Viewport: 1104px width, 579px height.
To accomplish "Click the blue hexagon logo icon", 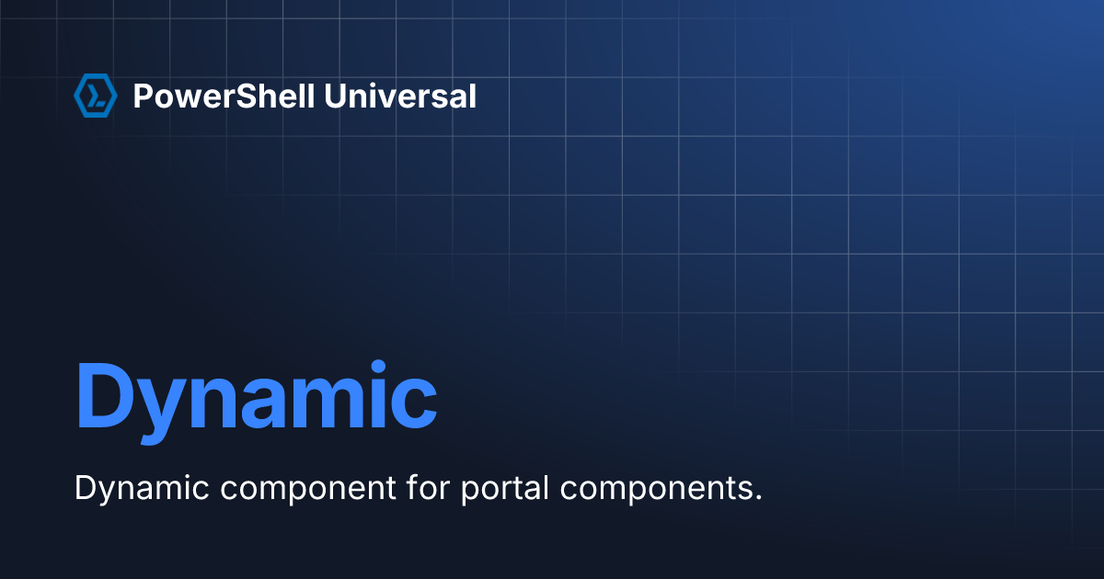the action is [x=96, y=96].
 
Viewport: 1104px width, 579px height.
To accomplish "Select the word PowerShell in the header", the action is [x=224, y=96].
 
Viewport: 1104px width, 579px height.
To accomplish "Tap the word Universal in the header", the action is [x=400, y=96].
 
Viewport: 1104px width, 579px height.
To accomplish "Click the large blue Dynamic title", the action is [x=257, y=402].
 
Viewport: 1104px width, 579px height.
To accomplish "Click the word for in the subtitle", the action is [x=429, y=487].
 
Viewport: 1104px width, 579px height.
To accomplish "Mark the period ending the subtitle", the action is [x=757, y=498].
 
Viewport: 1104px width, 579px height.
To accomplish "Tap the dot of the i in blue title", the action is [x=378, y=368].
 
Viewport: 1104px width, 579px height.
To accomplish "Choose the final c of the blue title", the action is [x=414, y=403].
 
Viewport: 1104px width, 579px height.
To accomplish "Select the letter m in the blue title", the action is [x=329, y=403].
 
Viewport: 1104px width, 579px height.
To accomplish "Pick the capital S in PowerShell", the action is [x=247, y=96].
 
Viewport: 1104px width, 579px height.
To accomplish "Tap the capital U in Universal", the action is [x=336, y=96].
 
